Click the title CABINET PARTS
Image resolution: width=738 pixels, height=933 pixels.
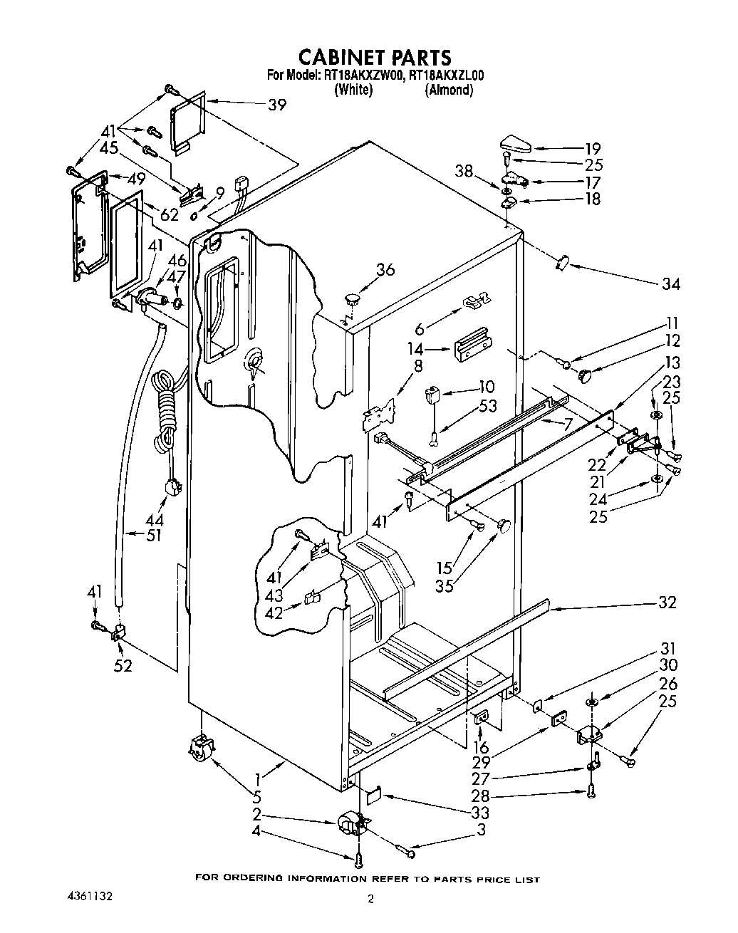tap(374, 57)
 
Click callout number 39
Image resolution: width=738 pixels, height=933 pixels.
tap(277, 105)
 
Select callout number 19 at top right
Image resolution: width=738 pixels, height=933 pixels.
tap(593, 149)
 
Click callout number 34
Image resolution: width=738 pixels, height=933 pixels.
tap(670, 284)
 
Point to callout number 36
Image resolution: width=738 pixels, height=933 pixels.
tap(385, 270)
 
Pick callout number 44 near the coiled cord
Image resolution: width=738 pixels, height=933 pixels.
tap(155, 521)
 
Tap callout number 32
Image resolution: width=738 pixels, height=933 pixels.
tap(667, 603)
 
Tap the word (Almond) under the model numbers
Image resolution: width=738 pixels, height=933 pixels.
tap(449, 90)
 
